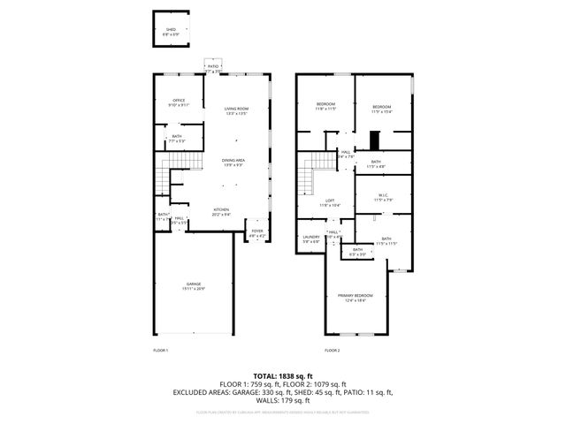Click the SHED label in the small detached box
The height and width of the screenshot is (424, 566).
(172, 29)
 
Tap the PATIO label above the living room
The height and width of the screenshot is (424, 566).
(212, 66)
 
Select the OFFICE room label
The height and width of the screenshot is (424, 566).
(179, 100)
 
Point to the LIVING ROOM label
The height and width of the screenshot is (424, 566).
(236, 109)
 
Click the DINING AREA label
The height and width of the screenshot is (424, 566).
(233, 160)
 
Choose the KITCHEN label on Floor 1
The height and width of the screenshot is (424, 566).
(220, 209)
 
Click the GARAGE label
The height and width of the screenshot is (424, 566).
(193, 284)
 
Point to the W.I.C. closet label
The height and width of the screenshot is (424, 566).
(382, 195)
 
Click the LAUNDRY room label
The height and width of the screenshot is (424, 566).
(310, 237)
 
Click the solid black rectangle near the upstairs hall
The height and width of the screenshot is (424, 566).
(375, 140)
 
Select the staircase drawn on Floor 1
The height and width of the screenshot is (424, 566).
(161, 180)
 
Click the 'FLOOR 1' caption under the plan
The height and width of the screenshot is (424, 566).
(160, 351)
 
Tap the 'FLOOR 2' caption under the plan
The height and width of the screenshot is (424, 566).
(332, 351)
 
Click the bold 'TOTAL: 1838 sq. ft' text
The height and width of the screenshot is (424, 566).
(282, 376)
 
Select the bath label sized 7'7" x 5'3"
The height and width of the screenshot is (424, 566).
(177, 137)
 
